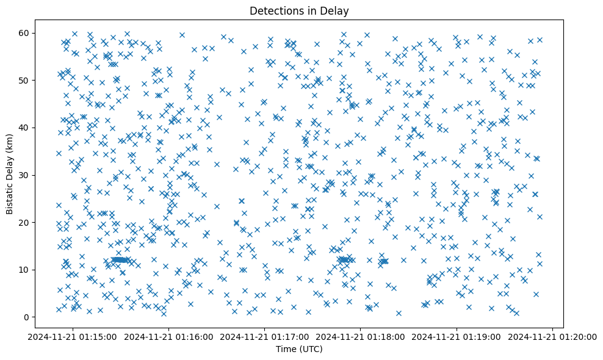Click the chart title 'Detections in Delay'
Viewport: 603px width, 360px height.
coord(299,10)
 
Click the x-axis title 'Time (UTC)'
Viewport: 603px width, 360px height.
coord(299,349)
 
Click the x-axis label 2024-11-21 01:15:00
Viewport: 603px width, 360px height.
coord(73,336)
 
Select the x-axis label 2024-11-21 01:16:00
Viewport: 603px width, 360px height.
coord(169,336)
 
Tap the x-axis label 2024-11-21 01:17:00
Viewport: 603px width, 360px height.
coord(265,336)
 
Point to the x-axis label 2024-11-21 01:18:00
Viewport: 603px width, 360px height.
coord(361,336)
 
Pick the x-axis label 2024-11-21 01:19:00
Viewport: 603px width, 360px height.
coord(457,336)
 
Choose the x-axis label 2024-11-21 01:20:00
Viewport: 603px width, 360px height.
coord(552,336)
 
